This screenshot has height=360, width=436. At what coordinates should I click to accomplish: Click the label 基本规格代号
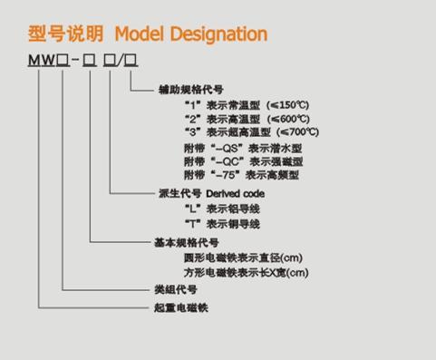(x=187, y=242)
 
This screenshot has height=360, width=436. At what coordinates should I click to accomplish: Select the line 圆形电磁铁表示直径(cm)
(x=245, y=257)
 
